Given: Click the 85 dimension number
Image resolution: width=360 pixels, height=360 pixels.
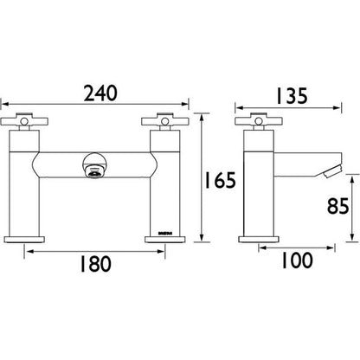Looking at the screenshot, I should click(x=341, y=207).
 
